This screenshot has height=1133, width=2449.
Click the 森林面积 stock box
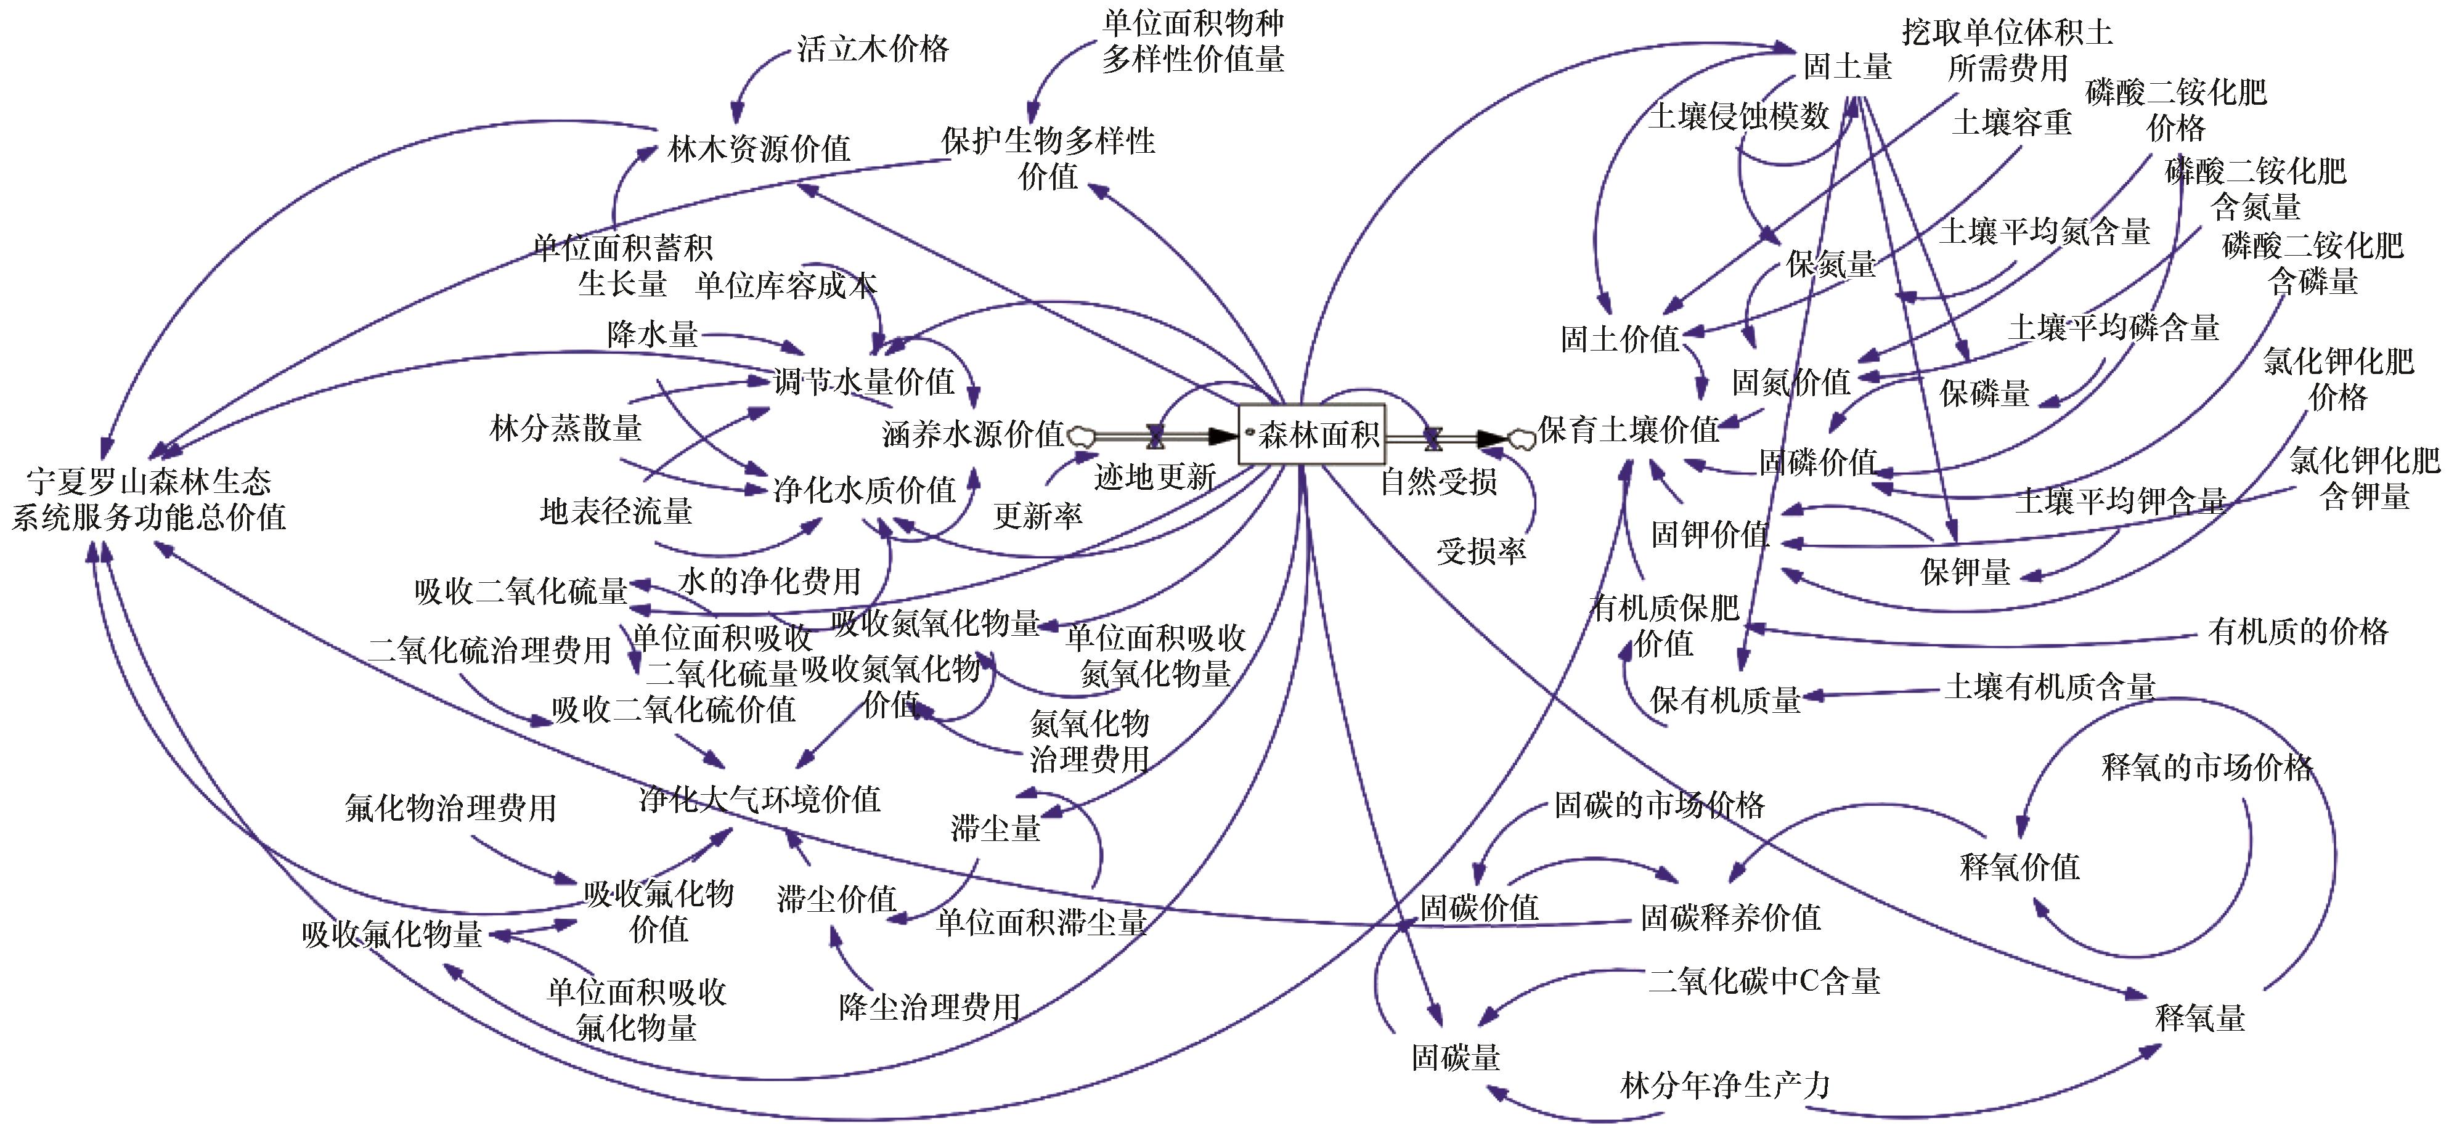coord(1313,436)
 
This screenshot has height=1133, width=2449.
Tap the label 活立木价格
coord(873,49)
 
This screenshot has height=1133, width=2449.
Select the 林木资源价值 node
coord(759,149)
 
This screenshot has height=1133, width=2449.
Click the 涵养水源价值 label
coord(972,434)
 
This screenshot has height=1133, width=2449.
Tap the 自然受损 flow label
coord(1438,481)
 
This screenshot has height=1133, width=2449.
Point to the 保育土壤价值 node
coord(1628,429)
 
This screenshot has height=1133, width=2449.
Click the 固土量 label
coord(1847,67)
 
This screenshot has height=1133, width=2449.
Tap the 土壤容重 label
coord(2011,121)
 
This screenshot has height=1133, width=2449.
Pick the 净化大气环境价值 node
coord(759,799)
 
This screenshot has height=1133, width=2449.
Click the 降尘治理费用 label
coord(929,1007)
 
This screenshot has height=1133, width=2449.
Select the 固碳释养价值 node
coord(1730,917)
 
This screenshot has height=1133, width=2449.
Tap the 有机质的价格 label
coord(2298,631)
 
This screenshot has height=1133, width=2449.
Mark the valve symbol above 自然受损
coord(1433,437)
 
